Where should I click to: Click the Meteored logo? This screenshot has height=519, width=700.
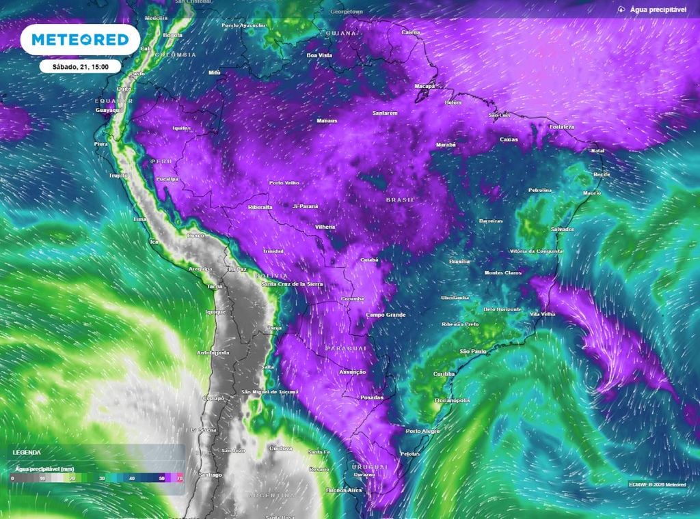(x=80, y=40)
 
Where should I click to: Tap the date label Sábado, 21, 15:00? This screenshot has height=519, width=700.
(x=80, y=67)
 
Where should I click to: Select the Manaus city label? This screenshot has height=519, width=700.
(x=327, y=121)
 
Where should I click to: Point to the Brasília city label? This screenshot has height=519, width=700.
(x=459, y=262)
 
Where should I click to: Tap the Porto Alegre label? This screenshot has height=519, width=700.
(x=422, y=431)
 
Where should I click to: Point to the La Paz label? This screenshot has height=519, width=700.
(x=237, y=270)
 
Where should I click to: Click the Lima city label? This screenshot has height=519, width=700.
(x=140, y=219)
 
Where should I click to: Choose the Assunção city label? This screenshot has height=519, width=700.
(x=353, y=372)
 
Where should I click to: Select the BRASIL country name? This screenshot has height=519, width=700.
(x=401, y=199)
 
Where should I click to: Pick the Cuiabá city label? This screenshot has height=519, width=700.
(x=368, y=260)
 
